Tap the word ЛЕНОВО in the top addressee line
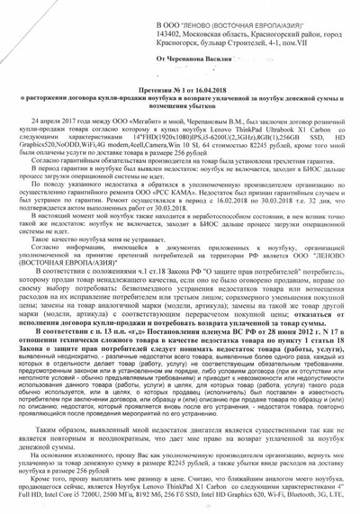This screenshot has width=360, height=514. [208, 7]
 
